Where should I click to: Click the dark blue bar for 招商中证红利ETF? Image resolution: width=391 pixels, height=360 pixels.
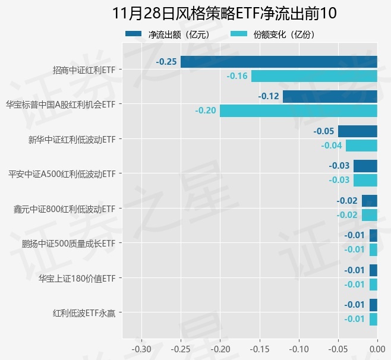(x=279, y=62)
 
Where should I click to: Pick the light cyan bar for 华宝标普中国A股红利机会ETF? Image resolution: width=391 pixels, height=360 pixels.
(x=298, y=110)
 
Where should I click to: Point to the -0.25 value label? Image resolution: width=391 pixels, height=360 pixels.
(x=166, y=62)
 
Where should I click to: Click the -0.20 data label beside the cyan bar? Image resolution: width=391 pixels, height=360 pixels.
(x=206, y=110)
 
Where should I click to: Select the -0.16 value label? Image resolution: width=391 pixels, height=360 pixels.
(x=237, y=76)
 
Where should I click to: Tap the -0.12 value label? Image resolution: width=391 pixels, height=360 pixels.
(x=269, y=96)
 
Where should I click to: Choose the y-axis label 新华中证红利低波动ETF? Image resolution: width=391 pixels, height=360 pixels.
(x=71, y=140)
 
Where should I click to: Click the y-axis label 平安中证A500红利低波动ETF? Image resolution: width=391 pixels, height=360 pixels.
(x=61, y=175)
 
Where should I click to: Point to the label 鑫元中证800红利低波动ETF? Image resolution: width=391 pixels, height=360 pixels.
(x=64, y=209)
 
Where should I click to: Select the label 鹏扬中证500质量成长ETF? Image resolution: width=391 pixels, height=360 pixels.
(x=68, y=244)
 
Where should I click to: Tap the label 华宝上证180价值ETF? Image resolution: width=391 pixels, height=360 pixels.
(x=77, y=278)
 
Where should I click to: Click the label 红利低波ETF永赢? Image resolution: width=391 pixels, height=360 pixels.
(x=84, y=312)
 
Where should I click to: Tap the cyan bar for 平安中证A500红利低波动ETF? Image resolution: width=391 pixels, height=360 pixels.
(x=365, y=180)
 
